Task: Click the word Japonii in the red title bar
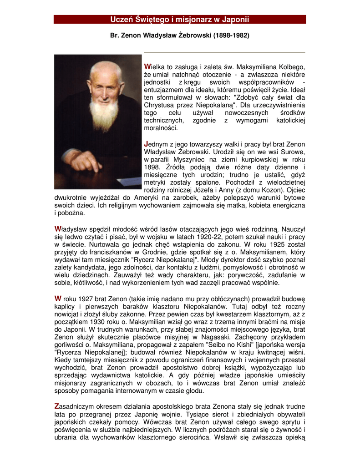(235, 19)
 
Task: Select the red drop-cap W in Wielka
(147, 67)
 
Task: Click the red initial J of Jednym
(146, 144)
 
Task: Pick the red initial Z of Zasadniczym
(56, 405)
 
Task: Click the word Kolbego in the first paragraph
(291, 67)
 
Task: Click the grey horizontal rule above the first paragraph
(224, 53)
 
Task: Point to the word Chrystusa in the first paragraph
(157, 105)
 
